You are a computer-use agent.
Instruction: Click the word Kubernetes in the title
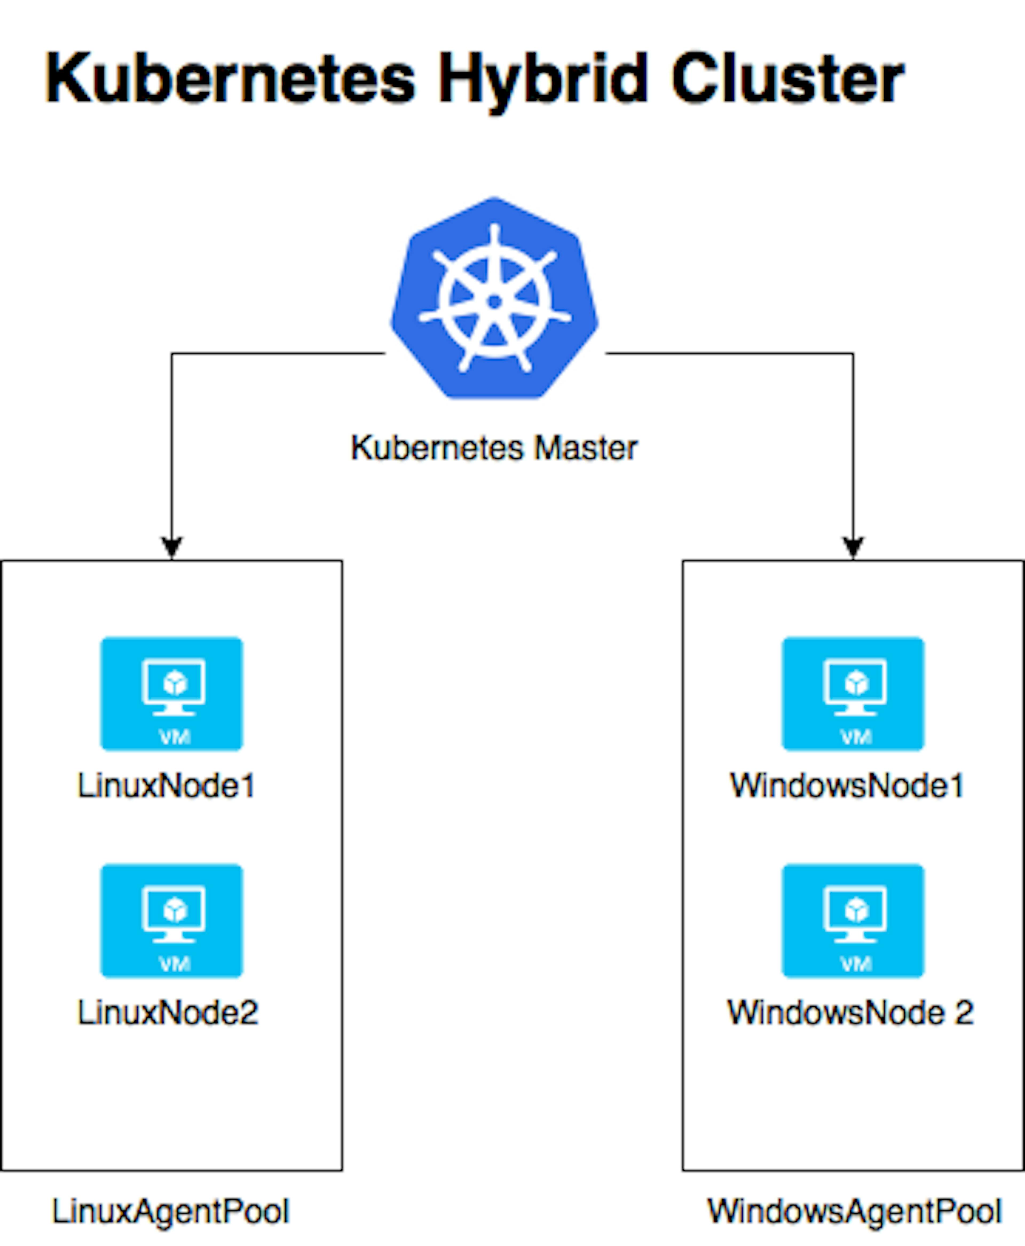coord(230,78)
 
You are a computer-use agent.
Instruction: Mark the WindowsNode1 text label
coord(847,785)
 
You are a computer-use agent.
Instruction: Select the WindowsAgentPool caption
coord(854,1212)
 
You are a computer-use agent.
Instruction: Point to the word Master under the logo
coord(586,448)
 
